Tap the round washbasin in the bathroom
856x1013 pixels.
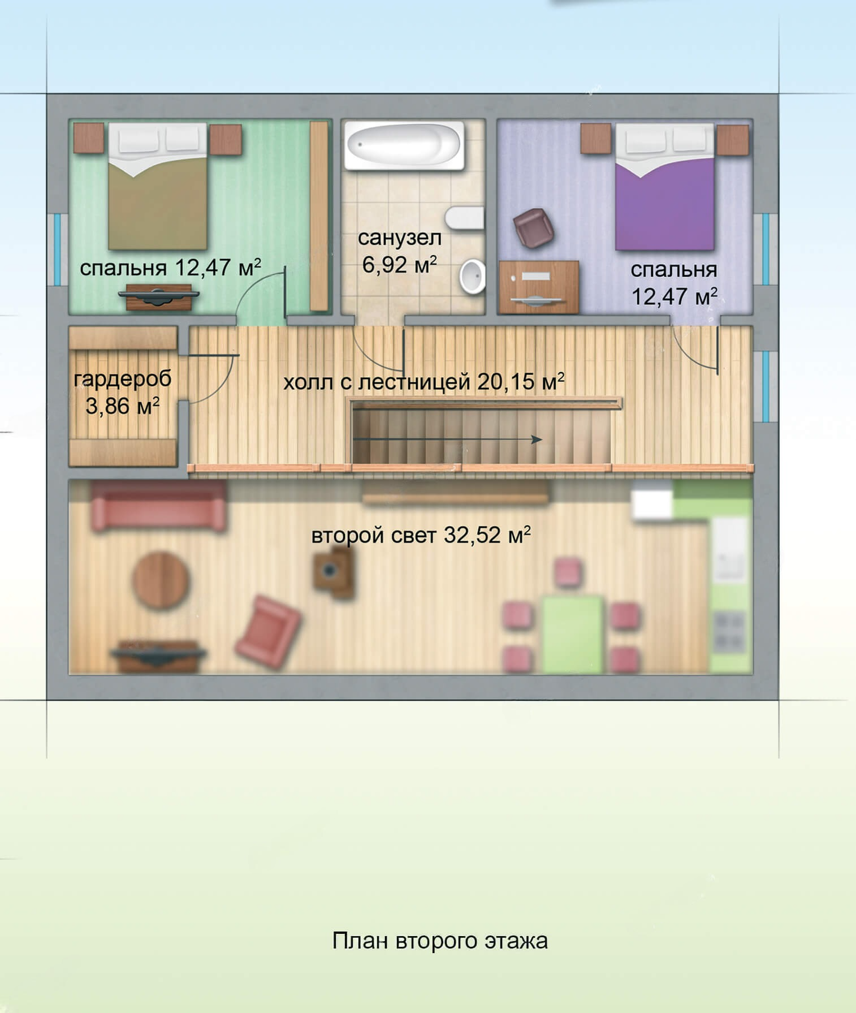click(473, 277)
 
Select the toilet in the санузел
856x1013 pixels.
click(464, 218)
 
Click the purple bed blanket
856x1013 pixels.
click(665, 204)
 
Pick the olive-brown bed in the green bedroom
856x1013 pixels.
click(158, 187)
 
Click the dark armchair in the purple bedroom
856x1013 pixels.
click(533, 227)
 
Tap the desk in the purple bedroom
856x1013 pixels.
click(539, 287)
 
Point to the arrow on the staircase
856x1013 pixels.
click(447, 439)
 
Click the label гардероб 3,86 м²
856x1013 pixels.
click(123, 392)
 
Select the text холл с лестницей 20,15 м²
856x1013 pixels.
click(424, 382)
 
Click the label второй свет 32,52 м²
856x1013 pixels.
click(421, 534)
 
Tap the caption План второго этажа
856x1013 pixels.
click(440, 941)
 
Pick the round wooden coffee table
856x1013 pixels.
click(161, 580)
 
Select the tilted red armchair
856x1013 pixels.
click(267, 632)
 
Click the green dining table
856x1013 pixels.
click(573, 633)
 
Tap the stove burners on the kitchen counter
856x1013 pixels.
click(729, 632)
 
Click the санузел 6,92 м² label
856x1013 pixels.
click(399, 251)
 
